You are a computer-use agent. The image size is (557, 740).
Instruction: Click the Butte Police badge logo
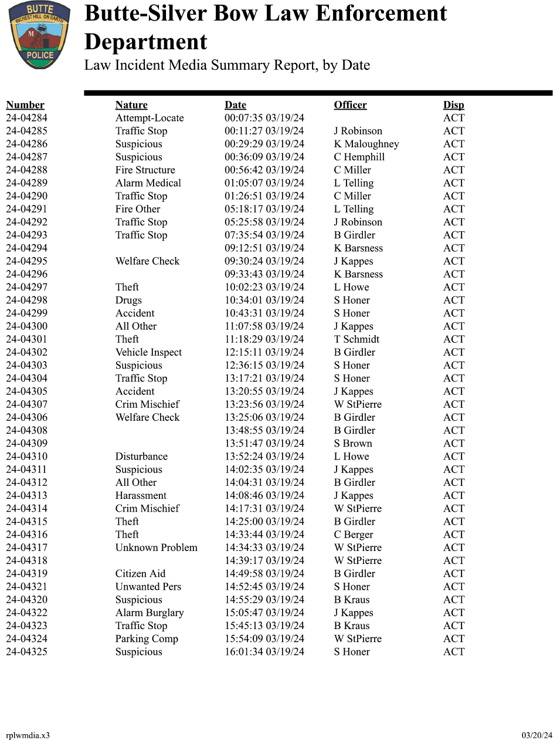39,35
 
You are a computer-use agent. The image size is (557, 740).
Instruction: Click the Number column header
25,105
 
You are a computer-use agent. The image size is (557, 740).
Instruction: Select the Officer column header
350,105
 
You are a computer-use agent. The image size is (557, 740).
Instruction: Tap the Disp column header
453,105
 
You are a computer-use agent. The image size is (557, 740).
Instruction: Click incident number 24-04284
26,118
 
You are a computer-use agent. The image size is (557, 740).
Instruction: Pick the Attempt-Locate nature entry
150,118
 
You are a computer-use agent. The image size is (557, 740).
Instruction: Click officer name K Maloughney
366,144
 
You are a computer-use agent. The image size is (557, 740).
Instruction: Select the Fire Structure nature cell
145,170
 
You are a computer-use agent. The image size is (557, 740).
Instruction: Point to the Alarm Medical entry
148,183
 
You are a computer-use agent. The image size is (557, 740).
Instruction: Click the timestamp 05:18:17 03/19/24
264,209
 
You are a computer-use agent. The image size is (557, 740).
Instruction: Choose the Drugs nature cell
128,300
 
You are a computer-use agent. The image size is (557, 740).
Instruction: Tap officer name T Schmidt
356,339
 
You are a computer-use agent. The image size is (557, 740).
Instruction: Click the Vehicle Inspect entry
148,352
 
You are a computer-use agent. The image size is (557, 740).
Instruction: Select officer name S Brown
353,444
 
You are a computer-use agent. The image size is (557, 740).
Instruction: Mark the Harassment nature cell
141,496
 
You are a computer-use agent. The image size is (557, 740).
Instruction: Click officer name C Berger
354,535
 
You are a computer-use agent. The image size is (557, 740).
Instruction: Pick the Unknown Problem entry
156,548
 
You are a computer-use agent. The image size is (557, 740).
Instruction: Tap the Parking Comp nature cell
147,639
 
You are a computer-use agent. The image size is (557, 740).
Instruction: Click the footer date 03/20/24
537,735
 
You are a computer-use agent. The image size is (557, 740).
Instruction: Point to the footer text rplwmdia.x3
28,735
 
